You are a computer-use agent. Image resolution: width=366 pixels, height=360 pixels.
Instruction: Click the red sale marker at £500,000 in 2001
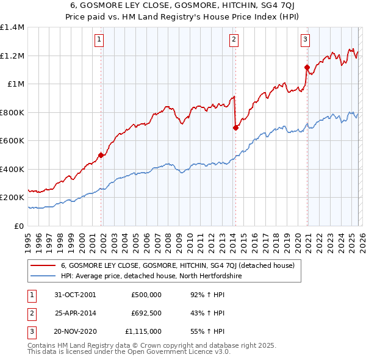pos(101,155)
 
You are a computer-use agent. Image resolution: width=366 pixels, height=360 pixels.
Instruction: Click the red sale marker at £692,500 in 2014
pos(235,128)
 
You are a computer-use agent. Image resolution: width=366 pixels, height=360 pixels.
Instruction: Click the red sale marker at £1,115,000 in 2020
pos(307,67)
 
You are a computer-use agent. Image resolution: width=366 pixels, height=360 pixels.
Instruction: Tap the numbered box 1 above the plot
pos(99,40)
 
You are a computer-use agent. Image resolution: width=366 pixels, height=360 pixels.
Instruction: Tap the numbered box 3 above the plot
pos(305,40)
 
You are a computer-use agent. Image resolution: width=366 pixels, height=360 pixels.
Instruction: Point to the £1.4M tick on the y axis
pos(12,27)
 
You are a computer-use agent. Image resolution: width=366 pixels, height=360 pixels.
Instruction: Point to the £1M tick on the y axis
pos(15,84)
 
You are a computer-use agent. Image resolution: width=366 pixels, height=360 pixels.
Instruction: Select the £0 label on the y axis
pos(20,226)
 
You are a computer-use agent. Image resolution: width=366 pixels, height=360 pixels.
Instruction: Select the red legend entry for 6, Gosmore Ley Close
pos(177,265)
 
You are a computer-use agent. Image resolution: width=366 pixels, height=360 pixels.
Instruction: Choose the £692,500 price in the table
pos(146,313)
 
